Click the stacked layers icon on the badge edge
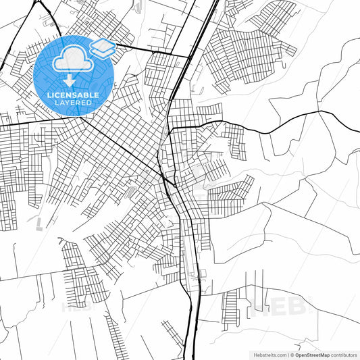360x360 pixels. (x=103, y=47)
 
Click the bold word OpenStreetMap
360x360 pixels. (x=317, y=354)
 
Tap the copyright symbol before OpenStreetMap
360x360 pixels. (x=291, y=354)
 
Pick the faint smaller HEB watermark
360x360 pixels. (x=76, y=306)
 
